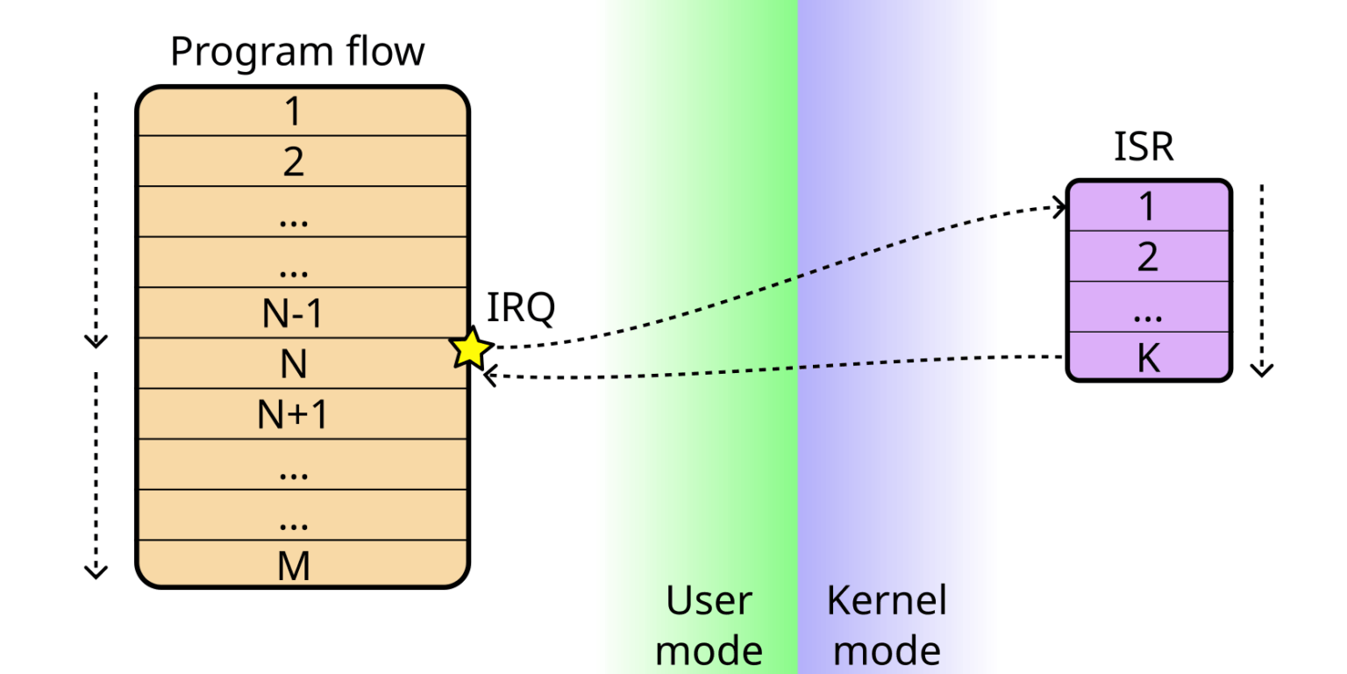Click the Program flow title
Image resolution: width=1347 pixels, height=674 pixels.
pos(296,52)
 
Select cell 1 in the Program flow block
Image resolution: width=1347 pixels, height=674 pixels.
pos(293,112)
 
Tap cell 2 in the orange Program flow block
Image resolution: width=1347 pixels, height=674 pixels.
pos(293,162)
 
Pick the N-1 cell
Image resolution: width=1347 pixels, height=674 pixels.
pos(293,313)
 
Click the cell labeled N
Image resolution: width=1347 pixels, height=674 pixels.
pos(293,363)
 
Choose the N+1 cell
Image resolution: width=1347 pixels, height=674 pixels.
pos(293,414)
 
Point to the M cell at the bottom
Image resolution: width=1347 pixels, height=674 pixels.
pos(293,566)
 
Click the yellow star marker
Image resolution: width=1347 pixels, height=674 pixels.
pos(471,349)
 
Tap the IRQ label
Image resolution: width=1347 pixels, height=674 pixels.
pos(521,308)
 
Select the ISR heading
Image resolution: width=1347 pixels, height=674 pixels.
pos(1144,147)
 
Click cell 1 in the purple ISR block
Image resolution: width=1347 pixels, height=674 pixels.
pos(1148,207)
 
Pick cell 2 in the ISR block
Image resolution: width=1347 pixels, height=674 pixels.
pos(1148,257)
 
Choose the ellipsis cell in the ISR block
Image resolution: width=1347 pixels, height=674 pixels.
pos(1148,308)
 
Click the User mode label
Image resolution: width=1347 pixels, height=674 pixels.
pos(709,626)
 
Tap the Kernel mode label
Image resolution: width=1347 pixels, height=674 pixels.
pos(887,626)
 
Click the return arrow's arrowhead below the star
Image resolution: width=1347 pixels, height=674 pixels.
pos(489,376)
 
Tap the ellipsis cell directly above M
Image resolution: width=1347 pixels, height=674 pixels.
pos(293,516)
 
